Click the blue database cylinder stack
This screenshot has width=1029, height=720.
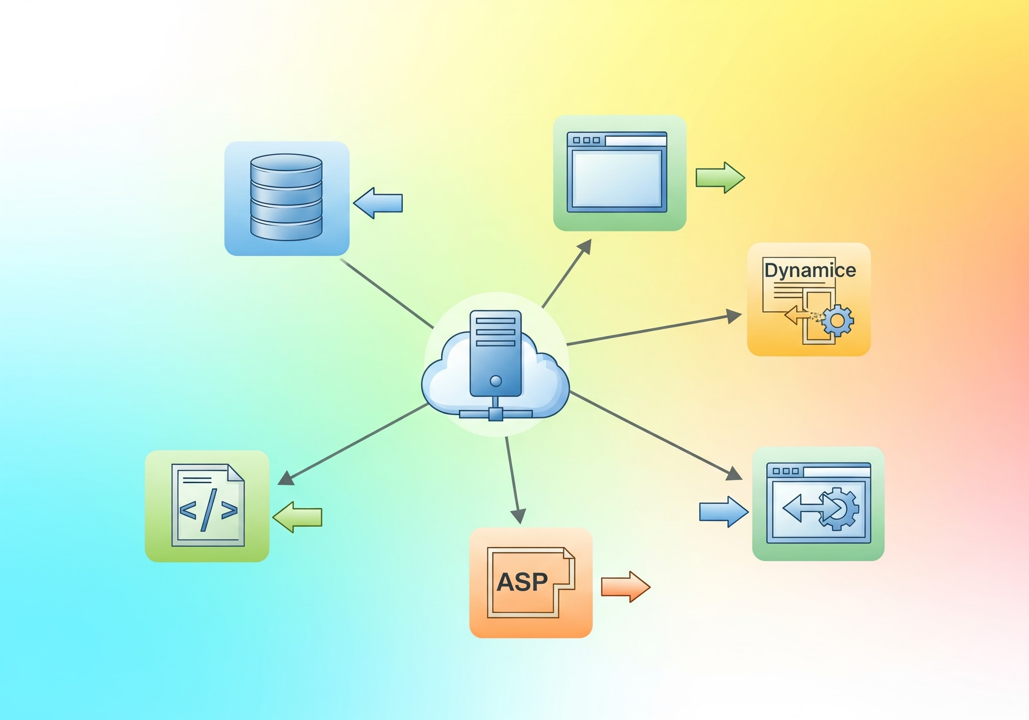(x=286, y=197)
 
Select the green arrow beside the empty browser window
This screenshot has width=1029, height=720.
(x=720, y=178)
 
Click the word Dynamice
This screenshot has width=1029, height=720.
(x=810, y=270)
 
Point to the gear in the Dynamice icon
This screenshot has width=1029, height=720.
(x=837, y=320)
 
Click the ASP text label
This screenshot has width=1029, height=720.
(x=522, y=582)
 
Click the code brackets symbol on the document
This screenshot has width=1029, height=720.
(x=208, y=510)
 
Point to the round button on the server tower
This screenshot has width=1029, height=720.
(x=496, y=381)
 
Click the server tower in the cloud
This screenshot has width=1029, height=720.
(x=495, y=354)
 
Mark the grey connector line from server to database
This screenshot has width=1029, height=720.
(x=386, y=293)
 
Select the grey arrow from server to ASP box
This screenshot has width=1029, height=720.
(x=513, y=479)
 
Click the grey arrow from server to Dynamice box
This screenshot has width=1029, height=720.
(x=654, y=330)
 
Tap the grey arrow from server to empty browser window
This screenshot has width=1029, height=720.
(x=566, y=274)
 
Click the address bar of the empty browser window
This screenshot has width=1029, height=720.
(x=635, y=141)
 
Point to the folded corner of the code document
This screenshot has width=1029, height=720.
(x=236, y=472)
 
